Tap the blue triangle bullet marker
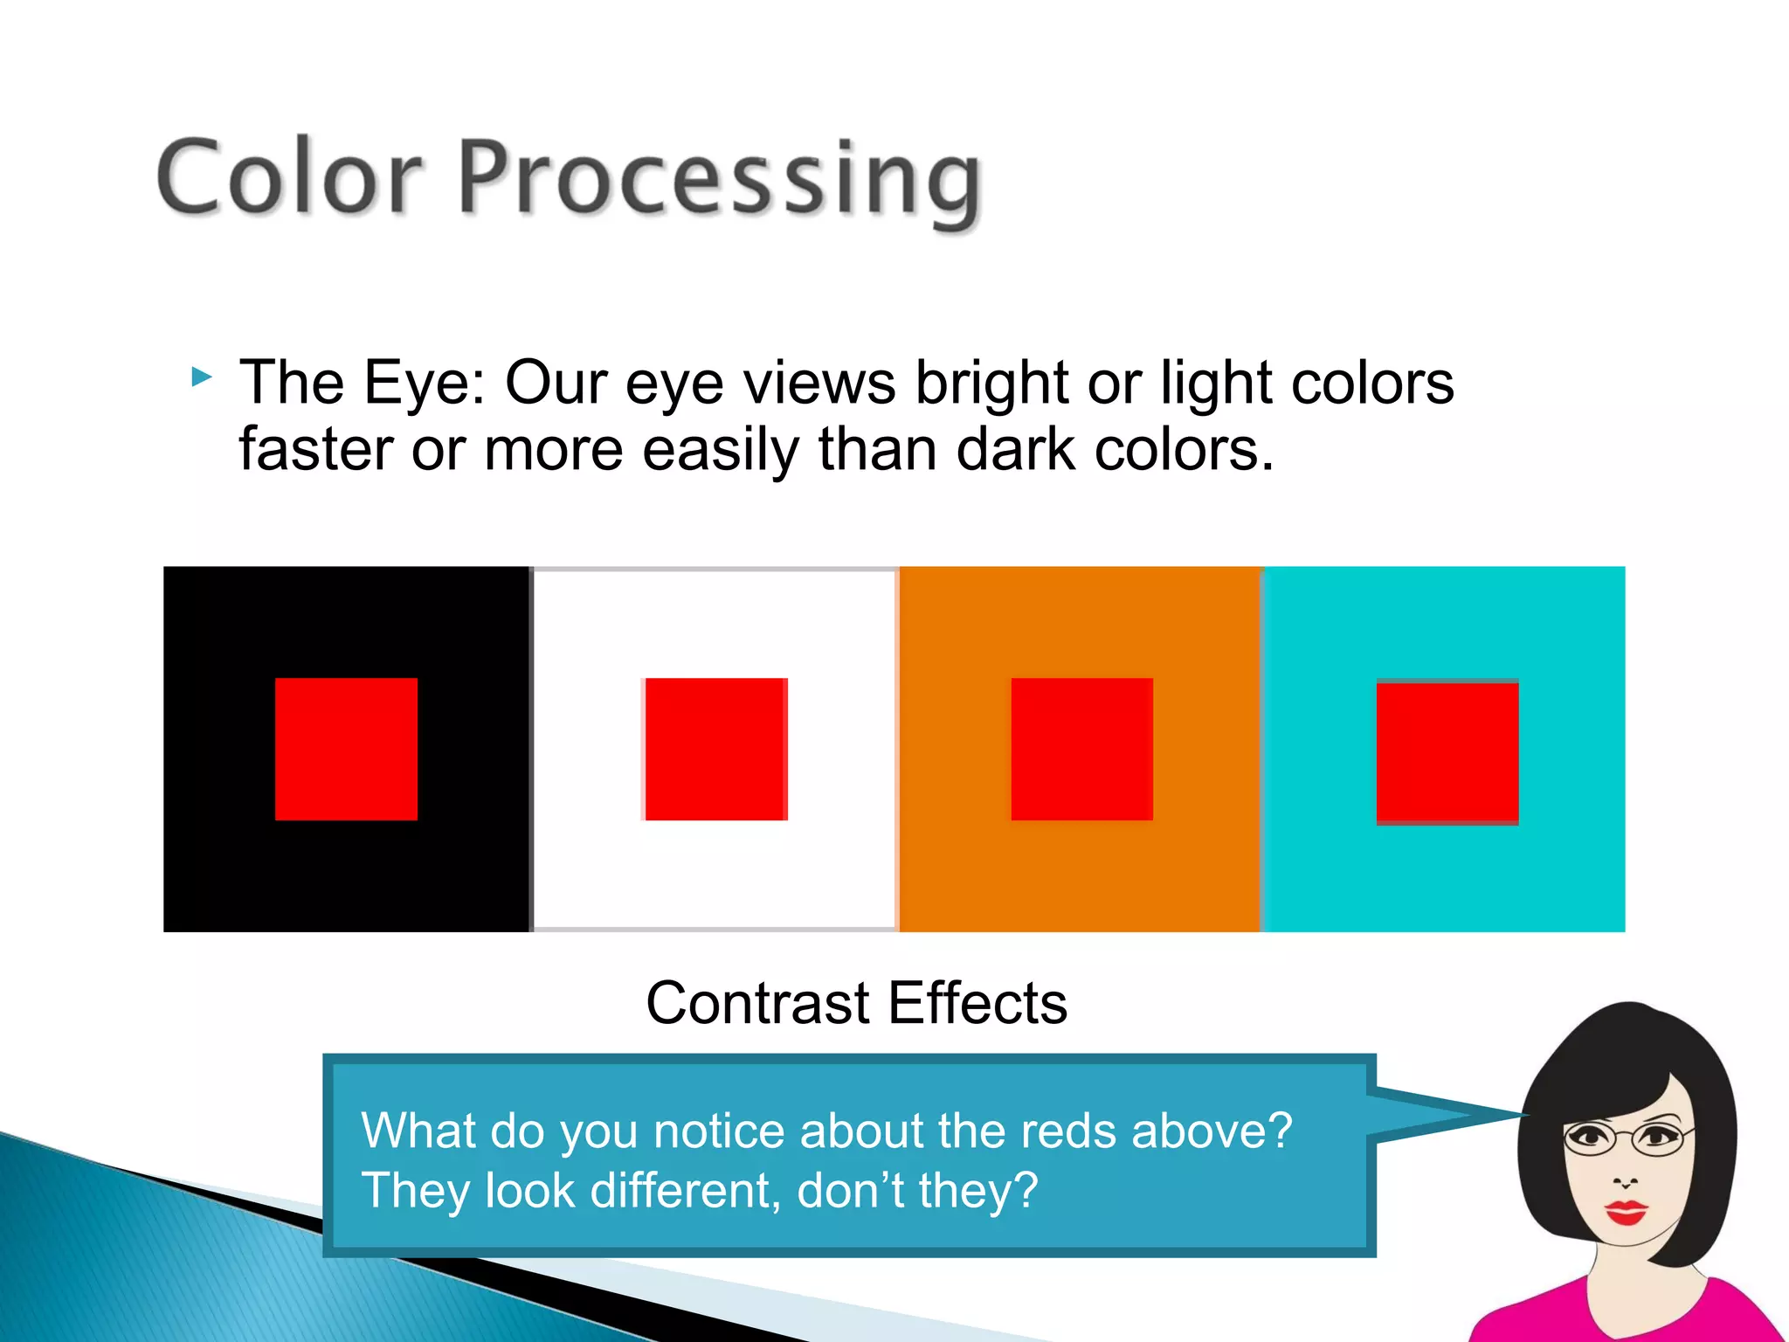click(202, 377)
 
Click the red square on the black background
click(346, 749)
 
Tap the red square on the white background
click(715, 749)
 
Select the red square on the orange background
click(1081, 749)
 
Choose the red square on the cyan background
click(1447, 751)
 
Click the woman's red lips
click(1626, 1212)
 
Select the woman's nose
click(1625, 1179)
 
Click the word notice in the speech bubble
click(719, 1131)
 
